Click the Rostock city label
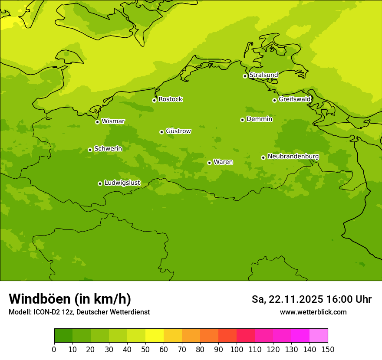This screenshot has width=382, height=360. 170,99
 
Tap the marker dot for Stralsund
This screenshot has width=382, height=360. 245,76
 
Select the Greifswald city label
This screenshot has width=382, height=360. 294,99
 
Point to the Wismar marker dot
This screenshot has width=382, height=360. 97,122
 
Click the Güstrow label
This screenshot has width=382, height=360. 178,131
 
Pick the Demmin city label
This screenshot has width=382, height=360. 259,119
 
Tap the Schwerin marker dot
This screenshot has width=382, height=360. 90,150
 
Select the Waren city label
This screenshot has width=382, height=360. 223,162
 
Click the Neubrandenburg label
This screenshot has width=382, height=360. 293,157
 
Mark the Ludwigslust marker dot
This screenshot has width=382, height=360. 100,183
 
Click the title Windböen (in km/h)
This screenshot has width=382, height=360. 70,299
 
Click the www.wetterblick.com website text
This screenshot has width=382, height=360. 313,312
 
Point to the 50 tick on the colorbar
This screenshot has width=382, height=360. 145,350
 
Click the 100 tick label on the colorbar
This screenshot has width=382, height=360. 237,350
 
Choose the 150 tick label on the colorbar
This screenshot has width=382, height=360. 328,350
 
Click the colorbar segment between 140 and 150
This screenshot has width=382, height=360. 319,336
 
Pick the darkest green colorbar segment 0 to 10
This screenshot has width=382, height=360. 63,336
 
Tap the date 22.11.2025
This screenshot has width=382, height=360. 296,299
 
